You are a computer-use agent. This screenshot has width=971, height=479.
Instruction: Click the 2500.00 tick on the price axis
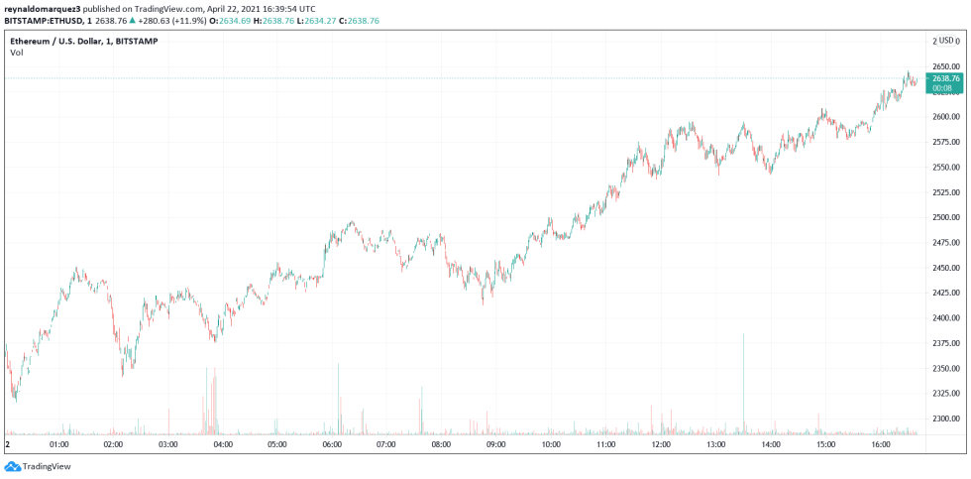pyautogui.click(x=945, y=217)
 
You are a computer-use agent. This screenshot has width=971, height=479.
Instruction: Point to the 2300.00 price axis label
pyautogui.click(x=945, y=419)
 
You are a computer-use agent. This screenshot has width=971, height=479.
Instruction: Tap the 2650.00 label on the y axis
pyautogui.click(x=945, y=66)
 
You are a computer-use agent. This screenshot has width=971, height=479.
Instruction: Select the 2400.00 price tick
pyautogui.click(x=945, y=318)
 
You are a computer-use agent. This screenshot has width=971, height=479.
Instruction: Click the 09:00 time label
pyautogui.click(x=496, y=445)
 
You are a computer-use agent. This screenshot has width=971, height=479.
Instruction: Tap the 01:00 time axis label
pyautogui.click(x=59, y=445)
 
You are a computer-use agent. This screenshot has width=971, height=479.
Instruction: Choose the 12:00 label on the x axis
pyautogui.click(x=660, y=445)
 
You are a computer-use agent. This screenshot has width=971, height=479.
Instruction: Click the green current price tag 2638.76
pyautogui.click(x=946, y=82)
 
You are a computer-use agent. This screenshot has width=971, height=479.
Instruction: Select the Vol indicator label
pyautogui.click(x=17, y=52)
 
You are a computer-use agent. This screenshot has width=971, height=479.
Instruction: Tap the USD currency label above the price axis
pyautogui.click(x=947, y=41)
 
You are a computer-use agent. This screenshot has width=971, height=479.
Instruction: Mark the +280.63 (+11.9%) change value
pyautogui.click(x=178, y=19)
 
